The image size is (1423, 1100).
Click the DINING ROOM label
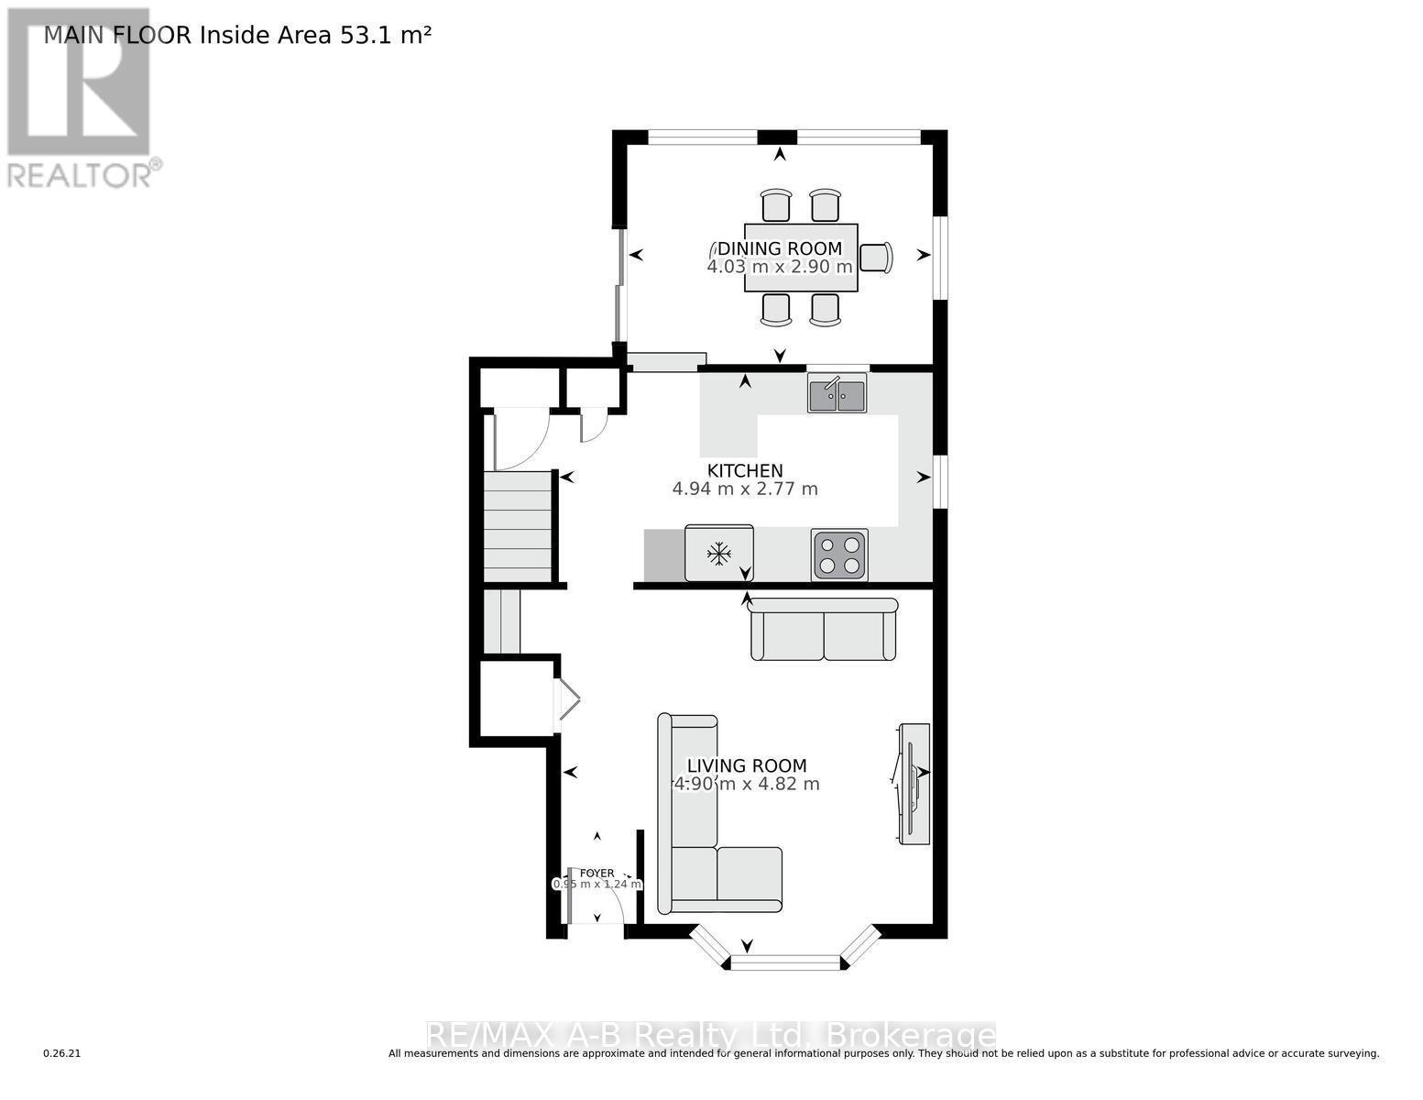(779, 248)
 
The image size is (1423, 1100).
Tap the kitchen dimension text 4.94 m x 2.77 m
(744, 489)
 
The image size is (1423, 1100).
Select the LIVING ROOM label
(747, 766)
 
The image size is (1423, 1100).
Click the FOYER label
(597, 874)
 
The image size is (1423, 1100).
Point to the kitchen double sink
(837, 394)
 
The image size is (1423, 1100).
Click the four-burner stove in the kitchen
(839, 555)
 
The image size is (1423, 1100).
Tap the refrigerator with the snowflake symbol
(718, 553)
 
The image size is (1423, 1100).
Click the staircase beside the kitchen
(518, 527)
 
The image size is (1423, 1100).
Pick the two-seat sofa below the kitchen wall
(823, 631)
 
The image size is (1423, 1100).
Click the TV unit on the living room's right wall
(914, 784)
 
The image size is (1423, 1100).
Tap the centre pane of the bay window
(784, 962)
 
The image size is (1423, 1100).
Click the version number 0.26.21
(62, 1054)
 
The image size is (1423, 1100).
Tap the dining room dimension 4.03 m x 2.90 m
(779, 267)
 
